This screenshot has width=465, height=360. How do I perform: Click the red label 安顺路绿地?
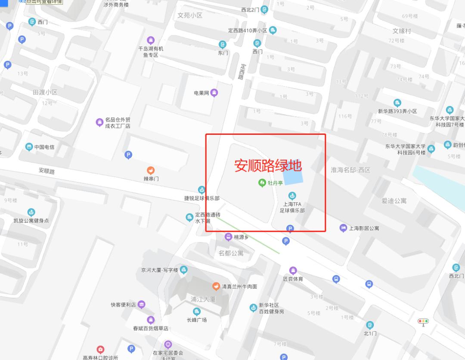click(x=268, y=166)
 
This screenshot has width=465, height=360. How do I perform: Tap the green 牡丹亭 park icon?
click(x=262, y=183)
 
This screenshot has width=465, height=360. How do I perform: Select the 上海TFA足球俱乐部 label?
click(x=292, y=208)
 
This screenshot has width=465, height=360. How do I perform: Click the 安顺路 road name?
click(x=47, y=171)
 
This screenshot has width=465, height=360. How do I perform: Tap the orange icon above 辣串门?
click(x=151, y=171)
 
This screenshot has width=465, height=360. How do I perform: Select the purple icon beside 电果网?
click(x=214, y=93)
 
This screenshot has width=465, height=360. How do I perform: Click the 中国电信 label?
click(x=44, y=147)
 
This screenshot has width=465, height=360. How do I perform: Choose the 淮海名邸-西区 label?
click(x=350, y=170)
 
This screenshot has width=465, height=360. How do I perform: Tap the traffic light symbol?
click(x=423, y=321)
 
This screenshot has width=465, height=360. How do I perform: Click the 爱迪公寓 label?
click(x=394, y=201)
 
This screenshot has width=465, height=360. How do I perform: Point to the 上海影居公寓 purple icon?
click(x=343, y=228)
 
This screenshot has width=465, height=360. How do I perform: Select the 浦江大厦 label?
click(x=203, y=299)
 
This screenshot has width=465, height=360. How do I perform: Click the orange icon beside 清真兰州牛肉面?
click(x=216, y=286)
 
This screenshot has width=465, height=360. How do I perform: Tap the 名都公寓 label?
click(x=231, y=253)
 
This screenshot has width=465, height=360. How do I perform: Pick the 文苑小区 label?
click(x=190, y=15)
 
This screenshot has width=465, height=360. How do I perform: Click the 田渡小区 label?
click(x=45, y=92)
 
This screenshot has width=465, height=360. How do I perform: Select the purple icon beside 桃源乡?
click(x=229, y=237)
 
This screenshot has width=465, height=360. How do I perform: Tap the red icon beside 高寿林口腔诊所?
click(x=100, y=349)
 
